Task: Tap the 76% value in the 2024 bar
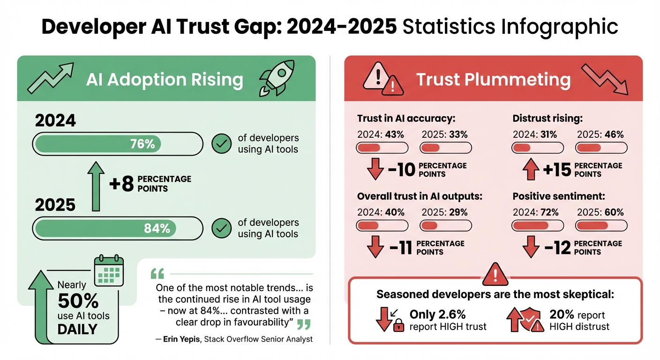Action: pyautogui.click(x=143, y=144)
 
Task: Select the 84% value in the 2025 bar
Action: pyautogui.click(x=157, y=228)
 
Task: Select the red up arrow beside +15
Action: pyautogui.click(x=531, y=169)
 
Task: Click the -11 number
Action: pyautogui.click(x=401, y=247)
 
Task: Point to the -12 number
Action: pyautogui.click(x=557, y=247)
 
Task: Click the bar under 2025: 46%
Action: pyautogui.click(x=601, y=148)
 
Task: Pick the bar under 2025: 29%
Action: pyautogui.click(x=445, y=226)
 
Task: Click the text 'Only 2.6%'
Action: pyautogui.click(x=437, y=314)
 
